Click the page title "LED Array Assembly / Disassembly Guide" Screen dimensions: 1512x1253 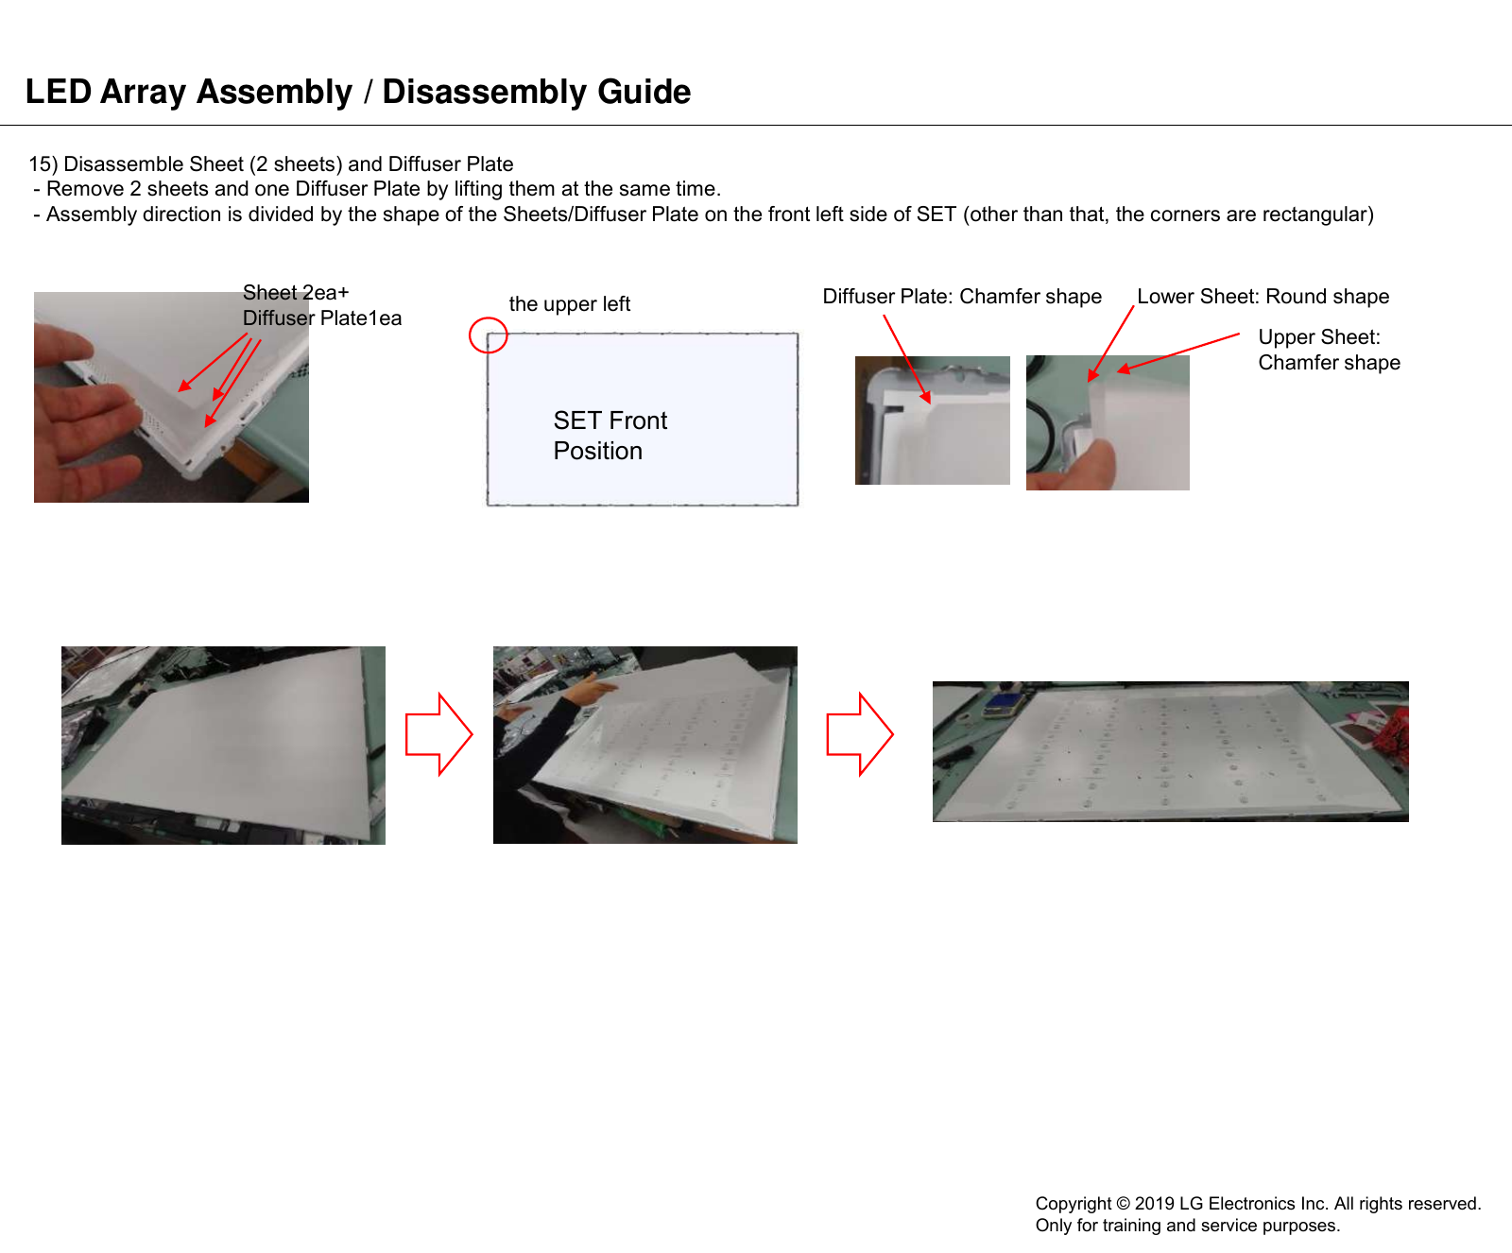point(358,92)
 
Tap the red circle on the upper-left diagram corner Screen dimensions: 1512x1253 point(489,318)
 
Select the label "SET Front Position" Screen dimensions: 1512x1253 point(610,435)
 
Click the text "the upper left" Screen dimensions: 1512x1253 point(569,304)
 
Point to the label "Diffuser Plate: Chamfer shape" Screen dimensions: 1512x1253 point(962,297)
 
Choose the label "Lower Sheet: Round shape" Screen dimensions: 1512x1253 point(1263,297)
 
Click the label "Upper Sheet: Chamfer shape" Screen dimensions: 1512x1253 point(1329,350)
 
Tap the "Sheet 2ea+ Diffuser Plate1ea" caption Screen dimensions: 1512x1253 point(321,305)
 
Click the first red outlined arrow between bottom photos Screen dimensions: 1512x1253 point(438,734)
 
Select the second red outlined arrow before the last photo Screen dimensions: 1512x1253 point(860,734)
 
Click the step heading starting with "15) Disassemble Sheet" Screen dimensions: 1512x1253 point(271,164)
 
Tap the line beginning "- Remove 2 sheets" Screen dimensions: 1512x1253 point(377,189)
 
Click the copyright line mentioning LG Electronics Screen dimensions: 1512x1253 point(1258,1203)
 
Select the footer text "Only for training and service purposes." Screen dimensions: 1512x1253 point(1187,1226)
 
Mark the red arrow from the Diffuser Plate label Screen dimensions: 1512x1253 point(907,359)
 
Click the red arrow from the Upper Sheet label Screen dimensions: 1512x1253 point(1178,352)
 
